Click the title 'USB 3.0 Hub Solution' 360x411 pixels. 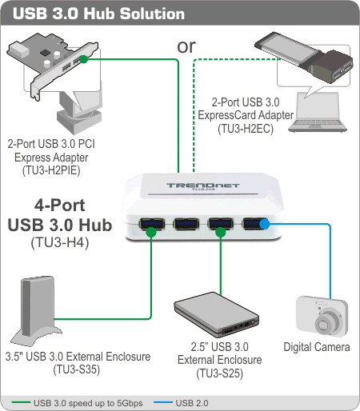click(98, 14)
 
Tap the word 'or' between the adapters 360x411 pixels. click(186, 46)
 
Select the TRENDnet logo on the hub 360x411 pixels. click(203, 186)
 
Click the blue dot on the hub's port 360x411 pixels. click(265, 224)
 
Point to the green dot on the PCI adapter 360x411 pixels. click(84, 59)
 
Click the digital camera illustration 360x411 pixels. click(322, 316)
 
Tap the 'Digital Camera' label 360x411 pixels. click(317, 347)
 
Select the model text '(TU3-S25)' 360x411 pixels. click(220, 373)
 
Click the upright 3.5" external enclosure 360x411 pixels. click(36, 310)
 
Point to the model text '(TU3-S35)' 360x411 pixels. click(77, 369)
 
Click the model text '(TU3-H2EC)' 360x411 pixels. click(246, 129)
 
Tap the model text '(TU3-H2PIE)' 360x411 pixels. click(51, 170)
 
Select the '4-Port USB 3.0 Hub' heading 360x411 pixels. click(60, 215)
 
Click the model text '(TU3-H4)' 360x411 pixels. click(60, 242)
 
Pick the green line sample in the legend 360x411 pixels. click(21, 402)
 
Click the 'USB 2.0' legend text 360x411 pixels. click(192, 403)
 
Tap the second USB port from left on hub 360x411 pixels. click(186, 224)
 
